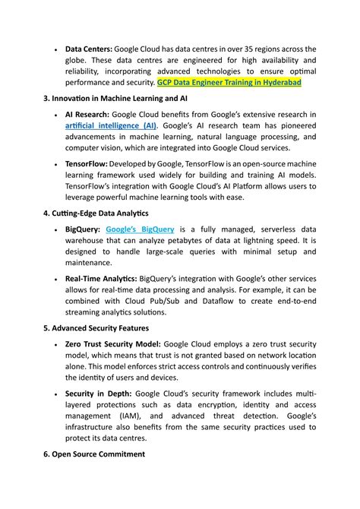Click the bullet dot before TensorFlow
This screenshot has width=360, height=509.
pyautogui.click(x=55, y=164)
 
